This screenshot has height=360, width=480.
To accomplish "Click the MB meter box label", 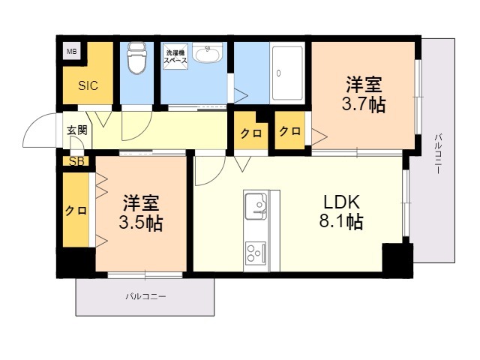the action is pos(72,52).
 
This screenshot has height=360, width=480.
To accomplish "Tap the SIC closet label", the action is pos(88,85).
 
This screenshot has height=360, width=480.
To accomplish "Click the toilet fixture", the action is pos(136,58).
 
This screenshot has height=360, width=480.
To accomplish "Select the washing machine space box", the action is pos(175,56).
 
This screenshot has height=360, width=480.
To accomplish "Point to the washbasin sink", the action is pos(208,53).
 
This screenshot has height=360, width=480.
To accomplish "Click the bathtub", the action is pos(287,73).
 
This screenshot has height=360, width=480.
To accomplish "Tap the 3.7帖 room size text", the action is pos(363,105).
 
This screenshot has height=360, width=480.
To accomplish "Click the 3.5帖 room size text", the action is pos(140,223).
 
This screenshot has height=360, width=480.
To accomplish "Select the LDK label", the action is pos(341,202).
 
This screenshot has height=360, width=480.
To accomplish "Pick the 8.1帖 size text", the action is pos(341,221).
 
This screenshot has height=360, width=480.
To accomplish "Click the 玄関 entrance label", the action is pos(77,130).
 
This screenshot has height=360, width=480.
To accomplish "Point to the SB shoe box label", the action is pos(76,161).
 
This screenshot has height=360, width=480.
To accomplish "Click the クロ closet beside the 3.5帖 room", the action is pos(76,210).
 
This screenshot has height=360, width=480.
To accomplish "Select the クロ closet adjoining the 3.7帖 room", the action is pos(289,131).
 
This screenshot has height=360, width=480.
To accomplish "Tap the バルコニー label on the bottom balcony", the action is pos(146,297).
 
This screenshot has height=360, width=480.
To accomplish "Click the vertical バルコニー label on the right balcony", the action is pos(438,154).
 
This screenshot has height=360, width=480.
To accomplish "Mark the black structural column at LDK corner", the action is pos(397,260).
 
